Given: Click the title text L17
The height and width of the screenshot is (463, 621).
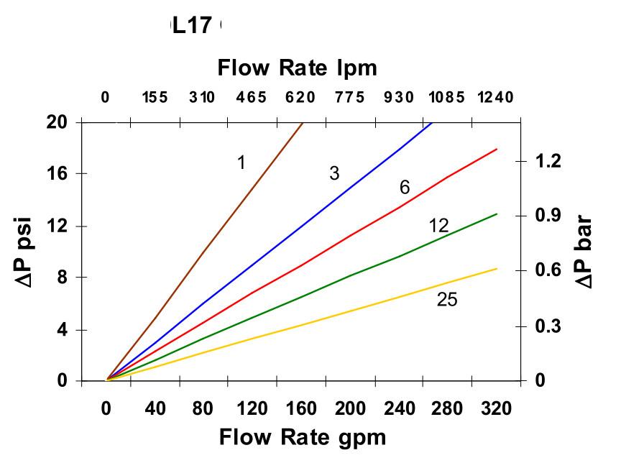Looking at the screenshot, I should pos(192,27).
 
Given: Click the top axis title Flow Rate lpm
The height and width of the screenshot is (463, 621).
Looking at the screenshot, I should pos(297,68).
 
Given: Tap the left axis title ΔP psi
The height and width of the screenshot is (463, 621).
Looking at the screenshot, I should pos(29,251).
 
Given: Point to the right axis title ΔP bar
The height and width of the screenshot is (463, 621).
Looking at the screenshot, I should pos(586,251).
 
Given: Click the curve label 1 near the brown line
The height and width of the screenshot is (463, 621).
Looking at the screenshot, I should pos(241,162).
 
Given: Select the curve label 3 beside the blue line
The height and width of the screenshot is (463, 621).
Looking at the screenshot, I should pos(334,173).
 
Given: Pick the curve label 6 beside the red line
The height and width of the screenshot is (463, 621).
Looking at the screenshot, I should pos(405,188).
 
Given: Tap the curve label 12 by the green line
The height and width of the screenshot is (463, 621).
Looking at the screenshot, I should pos(438,226).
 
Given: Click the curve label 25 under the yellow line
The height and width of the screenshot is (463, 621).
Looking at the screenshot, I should pos(447,300).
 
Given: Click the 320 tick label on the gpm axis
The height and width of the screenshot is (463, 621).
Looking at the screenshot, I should pos(496,410).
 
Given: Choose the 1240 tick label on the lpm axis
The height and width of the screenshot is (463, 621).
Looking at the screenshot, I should pos(495,98).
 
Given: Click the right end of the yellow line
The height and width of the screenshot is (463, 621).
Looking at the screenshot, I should pos(497,269).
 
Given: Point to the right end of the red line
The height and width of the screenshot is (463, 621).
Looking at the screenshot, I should pos(497,150).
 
